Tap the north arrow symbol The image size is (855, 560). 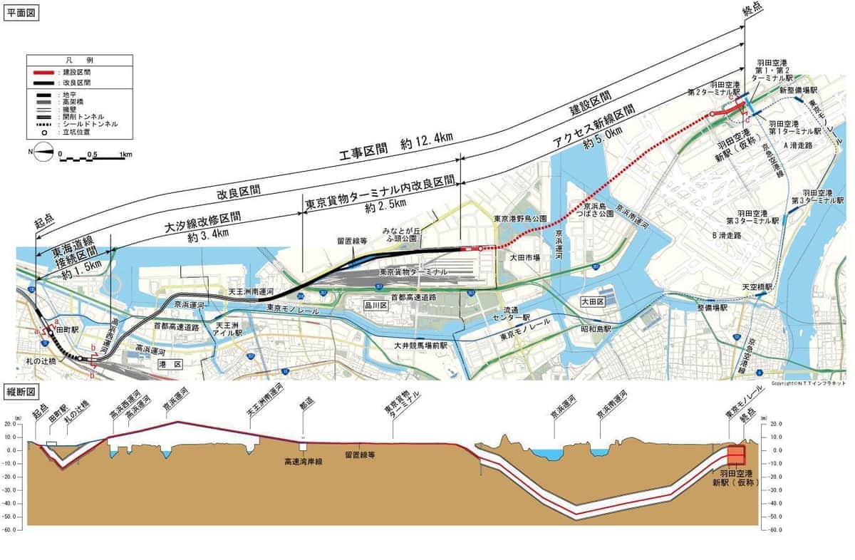(x=43, y=152)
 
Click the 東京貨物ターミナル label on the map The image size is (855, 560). (x=413, y=272)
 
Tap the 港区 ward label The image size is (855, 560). (x=174, y=364)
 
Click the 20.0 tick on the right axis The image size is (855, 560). (x=775, y=422)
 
